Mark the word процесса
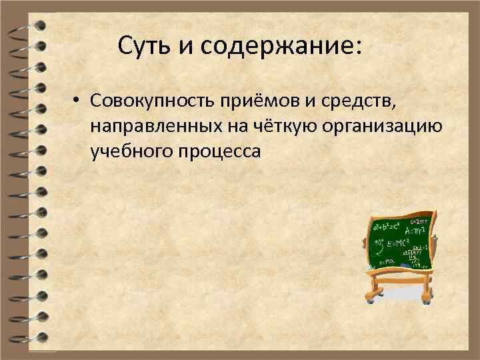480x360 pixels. coord(221,152)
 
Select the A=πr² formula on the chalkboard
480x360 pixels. coord(416,230)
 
